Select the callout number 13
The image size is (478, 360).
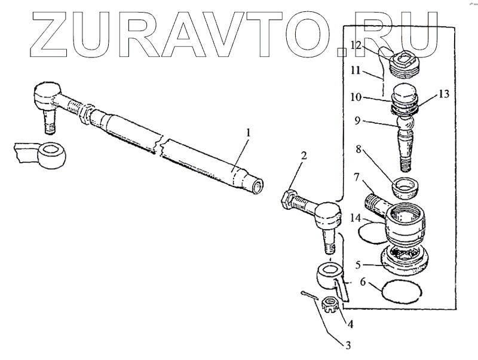coord(442,94)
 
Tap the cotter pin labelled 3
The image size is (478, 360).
coord(308,295)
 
